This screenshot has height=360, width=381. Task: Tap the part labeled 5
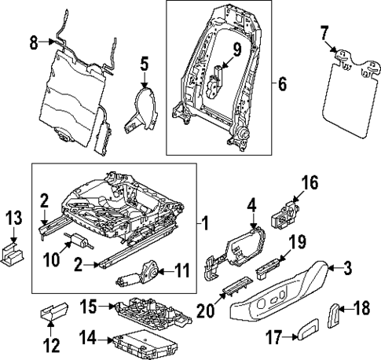141,111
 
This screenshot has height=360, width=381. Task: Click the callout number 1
205,226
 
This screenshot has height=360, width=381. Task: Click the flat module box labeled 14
138,342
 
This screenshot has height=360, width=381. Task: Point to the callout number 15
92,305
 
